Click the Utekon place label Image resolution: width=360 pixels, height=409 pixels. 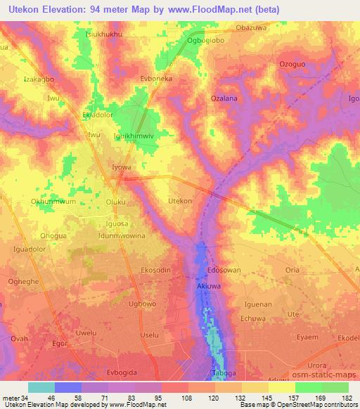(x=181, y=201)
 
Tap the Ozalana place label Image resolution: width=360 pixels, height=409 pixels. (x=224, y=99)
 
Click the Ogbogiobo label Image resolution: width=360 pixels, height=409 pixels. (x=206, y=40)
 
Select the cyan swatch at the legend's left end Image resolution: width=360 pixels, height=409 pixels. (x=41, y=387)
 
